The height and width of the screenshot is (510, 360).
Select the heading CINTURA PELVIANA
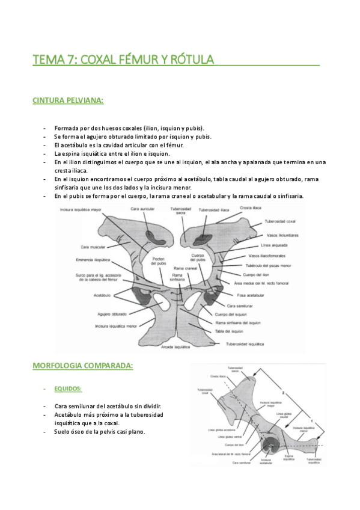click(68, 100)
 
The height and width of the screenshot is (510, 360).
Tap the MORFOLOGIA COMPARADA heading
click(82, 366)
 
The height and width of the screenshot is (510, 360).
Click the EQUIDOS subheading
click(68, 389)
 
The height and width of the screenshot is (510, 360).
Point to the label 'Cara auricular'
click(142, 209)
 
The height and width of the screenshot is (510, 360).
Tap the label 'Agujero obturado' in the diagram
click(113, 314)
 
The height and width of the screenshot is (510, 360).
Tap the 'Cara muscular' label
click(94, 247)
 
